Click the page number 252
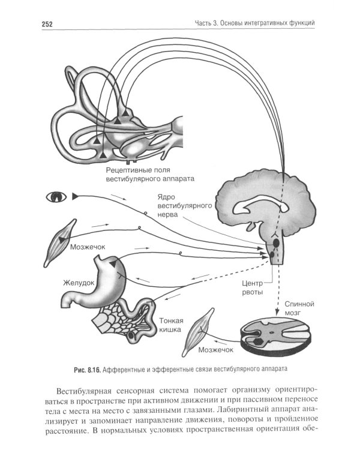[x=49, y=24]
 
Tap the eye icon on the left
[x=58, y=196]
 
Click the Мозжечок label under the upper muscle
[x=88, y=247]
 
